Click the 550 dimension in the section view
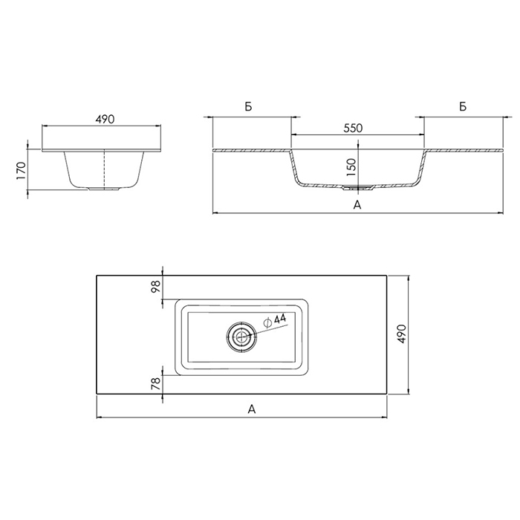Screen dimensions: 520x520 coord(353,128)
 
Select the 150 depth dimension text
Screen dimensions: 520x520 coord(351,167)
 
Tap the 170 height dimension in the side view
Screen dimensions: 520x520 coord(21,171)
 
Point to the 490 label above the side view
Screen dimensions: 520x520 coord(105,119)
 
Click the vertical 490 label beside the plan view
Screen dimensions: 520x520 coord(401,334)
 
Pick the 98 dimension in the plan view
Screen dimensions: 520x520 coord(155,286)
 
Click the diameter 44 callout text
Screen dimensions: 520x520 coord(275,320)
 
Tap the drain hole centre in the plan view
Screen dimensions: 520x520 coord(241,337)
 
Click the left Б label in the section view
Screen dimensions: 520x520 coord(249,107)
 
